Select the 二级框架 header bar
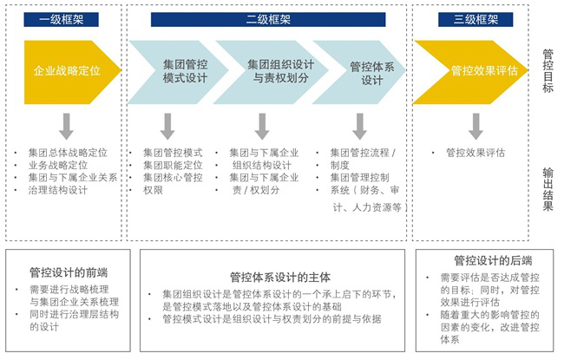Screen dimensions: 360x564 (x=269, y=19)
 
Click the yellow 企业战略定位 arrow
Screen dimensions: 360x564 (x=68, y=71)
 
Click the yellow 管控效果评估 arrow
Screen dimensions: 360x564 (x=475, y=71)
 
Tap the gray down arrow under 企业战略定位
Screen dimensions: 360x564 (x=68, y=128)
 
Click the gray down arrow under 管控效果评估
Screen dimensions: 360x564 (x=475, y=128)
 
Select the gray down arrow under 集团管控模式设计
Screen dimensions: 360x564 (x=173, y=128)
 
